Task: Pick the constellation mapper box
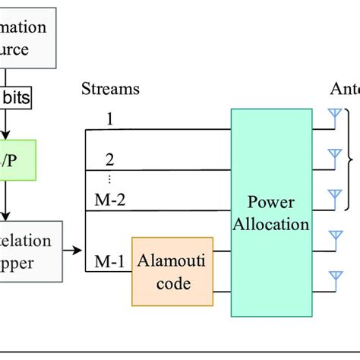[26, 251]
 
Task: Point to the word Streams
[110, 89]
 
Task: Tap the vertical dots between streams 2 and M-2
[109, 179]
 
